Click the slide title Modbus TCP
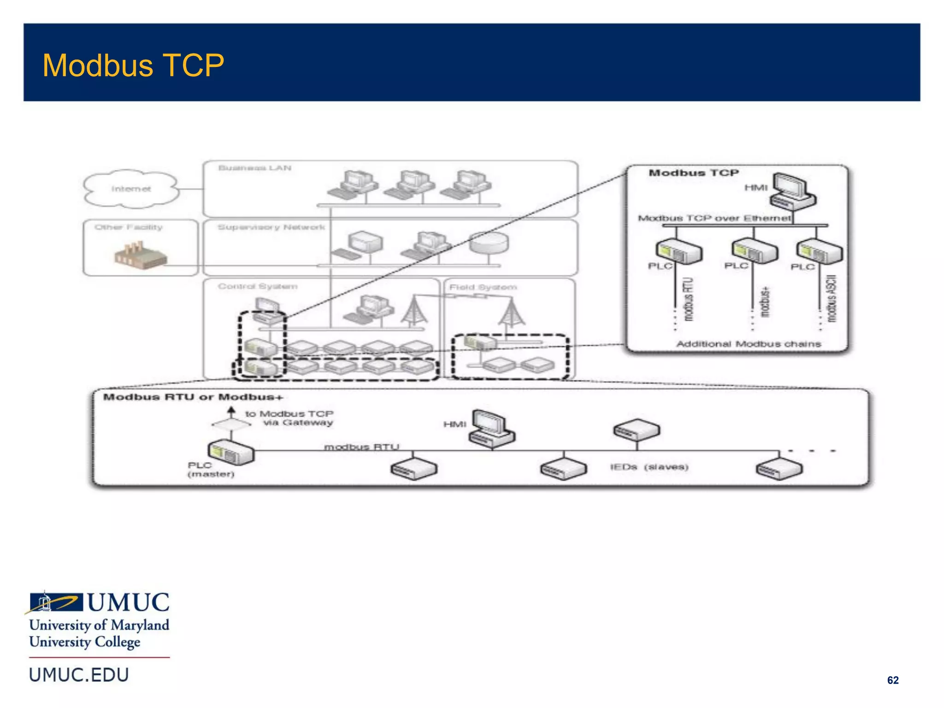[133, 65]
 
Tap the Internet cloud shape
[131, 189]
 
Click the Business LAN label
[254, 168]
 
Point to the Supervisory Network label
[271, 227]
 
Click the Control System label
[257, 286]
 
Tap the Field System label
[483, 287]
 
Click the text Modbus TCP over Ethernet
[714, 218]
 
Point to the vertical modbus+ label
[765, 302]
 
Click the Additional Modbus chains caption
[748, 344]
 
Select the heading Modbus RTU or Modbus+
[193, 397]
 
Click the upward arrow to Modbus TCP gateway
[231, 412]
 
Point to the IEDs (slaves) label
[649, 467]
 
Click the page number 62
[892, 680]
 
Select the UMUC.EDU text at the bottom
[79, 675]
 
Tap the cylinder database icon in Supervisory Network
[489, 242]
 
